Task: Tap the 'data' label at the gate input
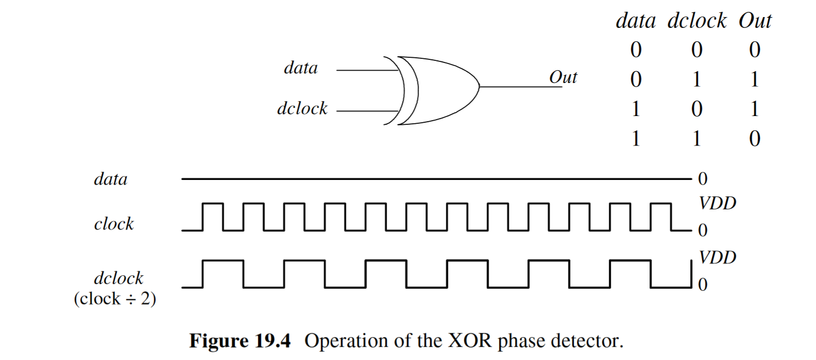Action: point(301,68)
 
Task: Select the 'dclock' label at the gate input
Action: point(302,108)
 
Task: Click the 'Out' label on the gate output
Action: point(563,77)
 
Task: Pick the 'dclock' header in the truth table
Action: point(696,21)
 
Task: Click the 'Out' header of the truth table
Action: point(755,21)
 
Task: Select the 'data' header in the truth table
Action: point(636,21)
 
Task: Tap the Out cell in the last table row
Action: point(754,139)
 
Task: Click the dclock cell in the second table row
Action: point(696,79)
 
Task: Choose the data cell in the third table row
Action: point(636,109)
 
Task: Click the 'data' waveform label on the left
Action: point(110,179)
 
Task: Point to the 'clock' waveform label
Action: point(113,224)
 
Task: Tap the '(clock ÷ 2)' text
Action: point(114,299)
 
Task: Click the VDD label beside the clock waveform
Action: point(717,203)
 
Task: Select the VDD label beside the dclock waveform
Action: point(717,257)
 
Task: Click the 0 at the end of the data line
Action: point(703,179)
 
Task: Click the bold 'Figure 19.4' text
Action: point(240,341)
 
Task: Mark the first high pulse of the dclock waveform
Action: point(223,261)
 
